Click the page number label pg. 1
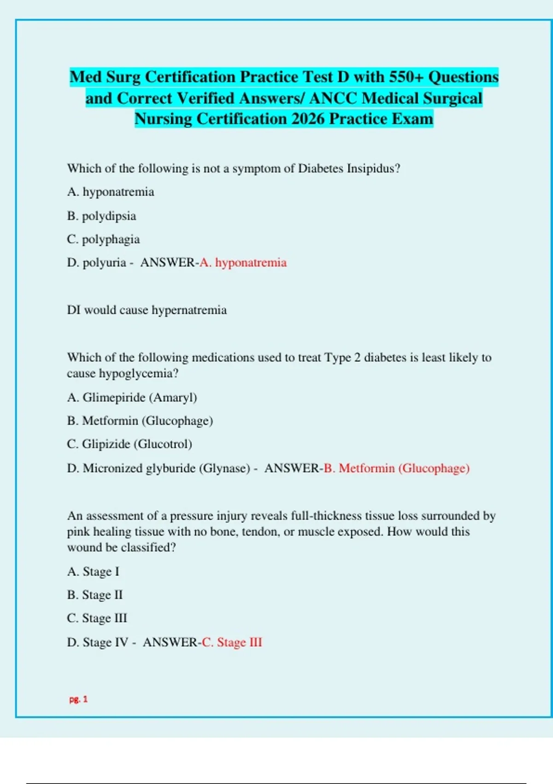[x=78, y=699]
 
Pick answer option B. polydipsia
[x=101, y=216]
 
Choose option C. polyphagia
[x=103, y=239]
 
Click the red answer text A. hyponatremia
[x=243, y=262]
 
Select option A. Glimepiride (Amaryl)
[x=132, y=397]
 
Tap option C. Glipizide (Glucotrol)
[x=129, y=444]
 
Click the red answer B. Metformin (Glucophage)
[x=396, y=468]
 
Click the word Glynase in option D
[x=224, y=468]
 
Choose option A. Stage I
[x=93, y=571]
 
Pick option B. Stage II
[x=95, y=595]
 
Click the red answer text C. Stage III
[x=232, y=642]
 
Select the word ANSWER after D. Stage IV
[x=170, y=642]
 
